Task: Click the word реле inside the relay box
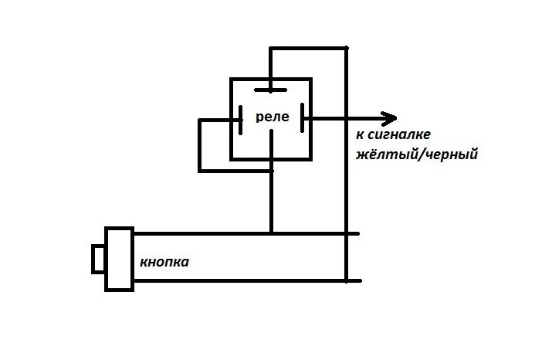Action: coord(272,118)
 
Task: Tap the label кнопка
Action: coord(164,263)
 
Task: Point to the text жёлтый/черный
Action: coord(417,155)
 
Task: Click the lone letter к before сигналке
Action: coord(360,135)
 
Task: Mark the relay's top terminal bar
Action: coord(270,90)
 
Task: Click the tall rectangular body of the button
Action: coord(119,260)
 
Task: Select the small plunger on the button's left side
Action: coord(97,259)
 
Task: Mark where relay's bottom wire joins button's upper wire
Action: coord(271,233)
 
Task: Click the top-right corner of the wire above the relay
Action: coord(346,49)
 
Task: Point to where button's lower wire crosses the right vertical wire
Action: coord(346,280)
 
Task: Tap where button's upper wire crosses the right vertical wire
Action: coord(346,233)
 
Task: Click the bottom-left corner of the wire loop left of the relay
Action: coord(200,170)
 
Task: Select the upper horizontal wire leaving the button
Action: coord(201,233)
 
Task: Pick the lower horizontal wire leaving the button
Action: coord(232,280)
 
